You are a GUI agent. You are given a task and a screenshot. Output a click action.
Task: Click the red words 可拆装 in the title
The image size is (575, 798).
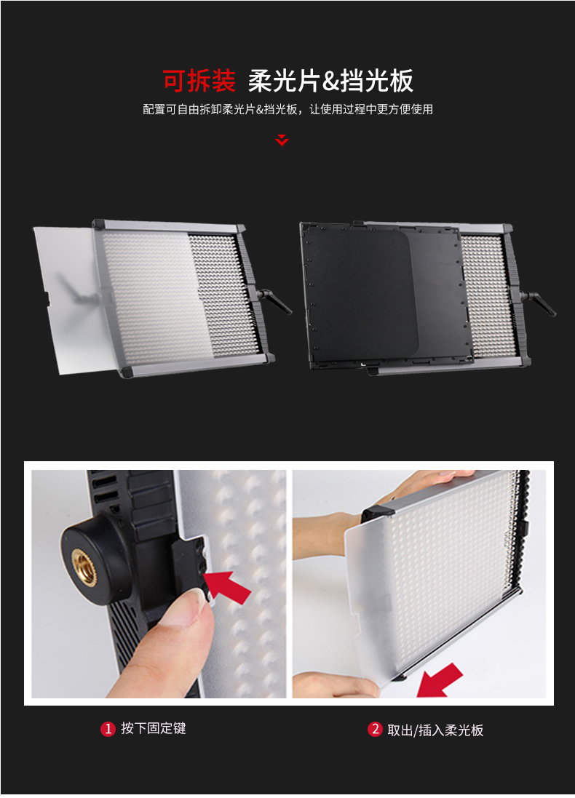[x=199, y=81]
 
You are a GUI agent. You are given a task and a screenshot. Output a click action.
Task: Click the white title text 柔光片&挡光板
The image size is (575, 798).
[x=330, y=81]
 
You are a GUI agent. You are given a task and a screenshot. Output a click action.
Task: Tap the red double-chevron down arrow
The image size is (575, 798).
[x=282, y=140]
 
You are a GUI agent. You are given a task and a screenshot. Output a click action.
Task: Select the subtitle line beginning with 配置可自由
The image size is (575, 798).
[x=287, y=109]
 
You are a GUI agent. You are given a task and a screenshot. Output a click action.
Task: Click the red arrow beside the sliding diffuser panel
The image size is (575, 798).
[x=439, y=680]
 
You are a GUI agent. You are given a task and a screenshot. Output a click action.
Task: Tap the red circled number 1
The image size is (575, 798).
[x=108, y=729]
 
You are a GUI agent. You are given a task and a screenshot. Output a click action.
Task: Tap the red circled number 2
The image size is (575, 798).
[x=375, y=730]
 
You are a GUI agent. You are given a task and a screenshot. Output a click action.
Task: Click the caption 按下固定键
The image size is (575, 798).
[x=154, y=729]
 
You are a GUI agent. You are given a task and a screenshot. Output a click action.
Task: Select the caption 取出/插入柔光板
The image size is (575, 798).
[x=435, y=730]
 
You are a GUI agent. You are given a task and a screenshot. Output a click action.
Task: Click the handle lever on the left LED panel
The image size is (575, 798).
[x=274, y=301]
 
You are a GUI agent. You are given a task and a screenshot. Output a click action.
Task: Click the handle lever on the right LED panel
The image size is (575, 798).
[x=539, y=303]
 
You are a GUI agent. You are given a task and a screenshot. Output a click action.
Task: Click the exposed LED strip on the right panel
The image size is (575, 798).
[x=487, y=295]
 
